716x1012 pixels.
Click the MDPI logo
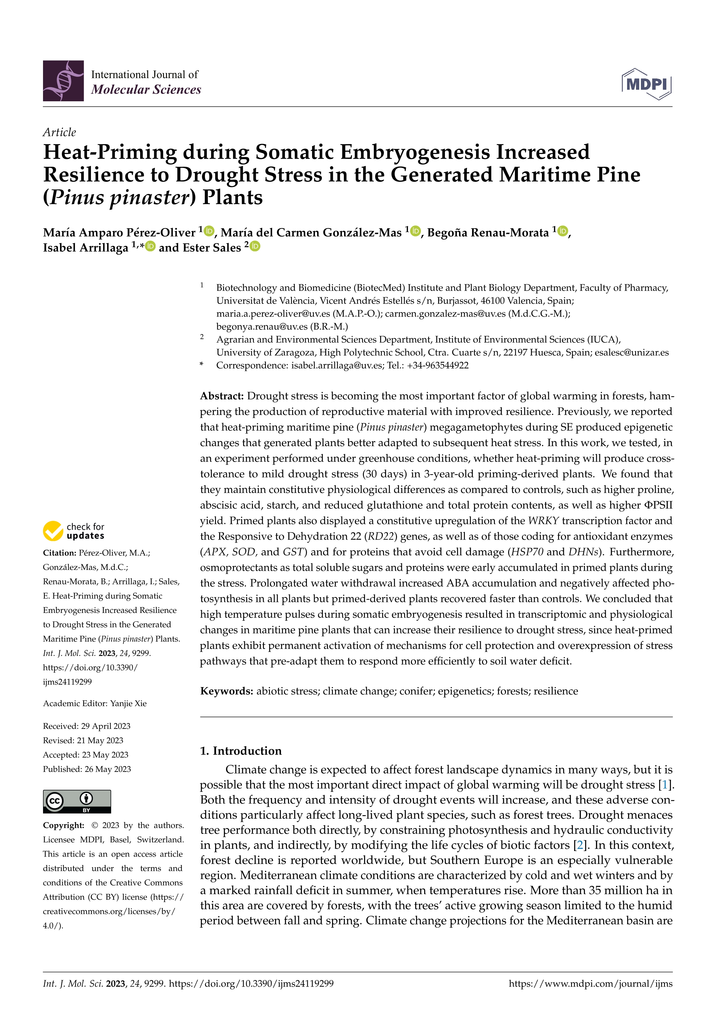click(x=646, y=84)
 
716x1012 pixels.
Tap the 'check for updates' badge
click(x=74, y=531)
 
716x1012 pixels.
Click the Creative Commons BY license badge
click(x=77, y=801)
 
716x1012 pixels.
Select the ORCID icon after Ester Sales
click(x=255, y=246)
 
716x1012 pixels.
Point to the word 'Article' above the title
click(x=59, y=132)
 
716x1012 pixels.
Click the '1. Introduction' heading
click(x=241, y=751)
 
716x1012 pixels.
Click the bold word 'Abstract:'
click(x=222, y=396)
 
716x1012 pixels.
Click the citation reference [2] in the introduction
click(x=580, y=845)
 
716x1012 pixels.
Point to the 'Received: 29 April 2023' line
click(x=86, y=726)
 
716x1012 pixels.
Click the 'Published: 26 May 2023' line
click(x=87, y=769)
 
